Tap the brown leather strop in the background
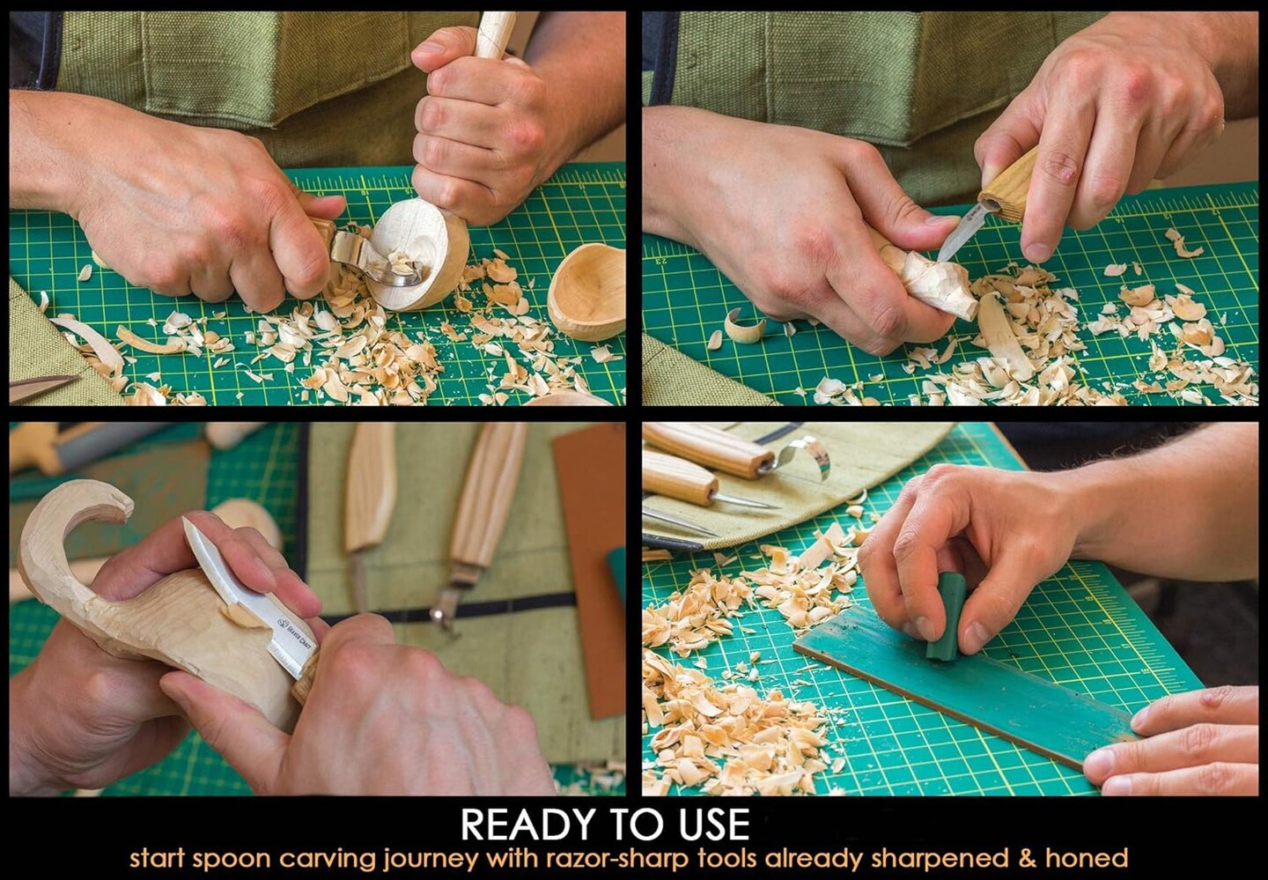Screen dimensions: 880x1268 click(x=590, y=564)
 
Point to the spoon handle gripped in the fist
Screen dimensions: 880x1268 click(x=493, y=35)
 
